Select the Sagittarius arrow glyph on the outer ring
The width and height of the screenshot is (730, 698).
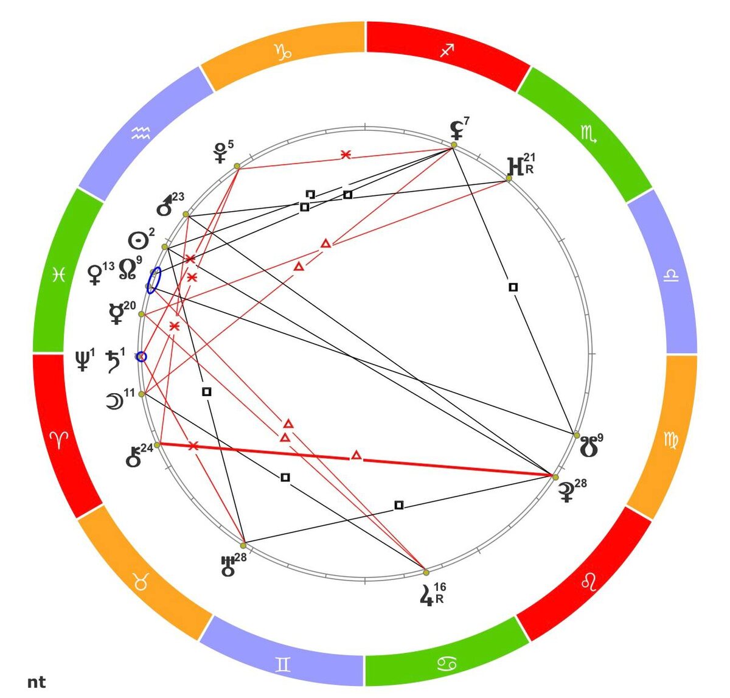tap(447, 51)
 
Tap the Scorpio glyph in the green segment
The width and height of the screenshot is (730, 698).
tap(588, 133)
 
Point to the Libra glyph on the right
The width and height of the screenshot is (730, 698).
tap(671, 276)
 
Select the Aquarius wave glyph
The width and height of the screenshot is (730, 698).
tap(141, 133)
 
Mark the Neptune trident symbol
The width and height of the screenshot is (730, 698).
tap(82, 360)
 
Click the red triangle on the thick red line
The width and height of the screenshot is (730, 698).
tap(356, 456)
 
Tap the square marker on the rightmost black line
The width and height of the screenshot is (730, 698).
tap(513, 287)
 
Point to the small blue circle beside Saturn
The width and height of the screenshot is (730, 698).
tap(141, 357)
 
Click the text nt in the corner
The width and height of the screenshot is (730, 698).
tap(36, 682)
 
